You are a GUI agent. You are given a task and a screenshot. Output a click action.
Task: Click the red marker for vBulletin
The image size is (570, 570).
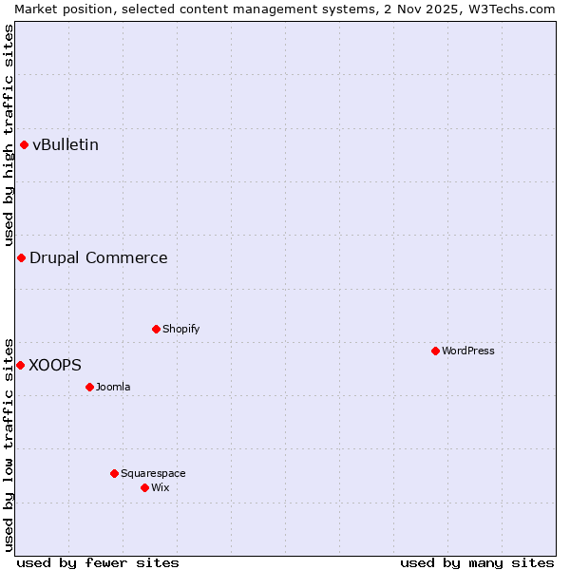(x=24, y=144)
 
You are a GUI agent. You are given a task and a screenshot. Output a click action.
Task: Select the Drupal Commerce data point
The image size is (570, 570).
(x=21, y=257)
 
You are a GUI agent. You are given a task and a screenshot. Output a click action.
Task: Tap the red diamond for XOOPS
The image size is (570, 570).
(x=20, y=365)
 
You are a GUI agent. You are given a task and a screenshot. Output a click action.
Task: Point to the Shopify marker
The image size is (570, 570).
(x=156, y=329)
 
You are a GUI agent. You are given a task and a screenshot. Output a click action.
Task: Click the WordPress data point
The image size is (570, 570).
(x=435, y=351)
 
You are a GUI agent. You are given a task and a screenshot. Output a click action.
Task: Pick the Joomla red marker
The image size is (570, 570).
(x=89, y=387)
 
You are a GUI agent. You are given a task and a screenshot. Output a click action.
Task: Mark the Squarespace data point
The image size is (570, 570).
(x=114, y=473)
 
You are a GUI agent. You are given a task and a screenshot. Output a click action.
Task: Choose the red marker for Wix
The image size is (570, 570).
(x=144, y=487)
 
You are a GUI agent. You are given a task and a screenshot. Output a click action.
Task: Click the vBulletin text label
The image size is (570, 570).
(x=66, y=144)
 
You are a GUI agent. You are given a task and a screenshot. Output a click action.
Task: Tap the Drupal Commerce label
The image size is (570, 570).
(x=98, y=257)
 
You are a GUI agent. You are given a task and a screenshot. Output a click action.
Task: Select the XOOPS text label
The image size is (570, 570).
(x=55, y=365)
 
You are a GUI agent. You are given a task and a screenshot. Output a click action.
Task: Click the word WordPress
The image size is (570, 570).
(x=468, y=351)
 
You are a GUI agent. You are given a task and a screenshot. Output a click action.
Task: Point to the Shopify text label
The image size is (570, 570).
(x=180, y=329)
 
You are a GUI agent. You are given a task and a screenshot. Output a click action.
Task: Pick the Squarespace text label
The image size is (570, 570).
(x=153, y=473)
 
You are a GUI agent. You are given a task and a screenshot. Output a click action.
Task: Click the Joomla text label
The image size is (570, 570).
(x=113, y=387)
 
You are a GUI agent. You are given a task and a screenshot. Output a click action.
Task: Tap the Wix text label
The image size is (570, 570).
(x=160, y=487)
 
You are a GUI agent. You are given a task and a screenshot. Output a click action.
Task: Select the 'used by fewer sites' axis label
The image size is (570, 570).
(x=98, y=562)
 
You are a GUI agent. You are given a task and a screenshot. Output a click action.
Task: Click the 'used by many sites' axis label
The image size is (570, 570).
(x=477, y=562)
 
